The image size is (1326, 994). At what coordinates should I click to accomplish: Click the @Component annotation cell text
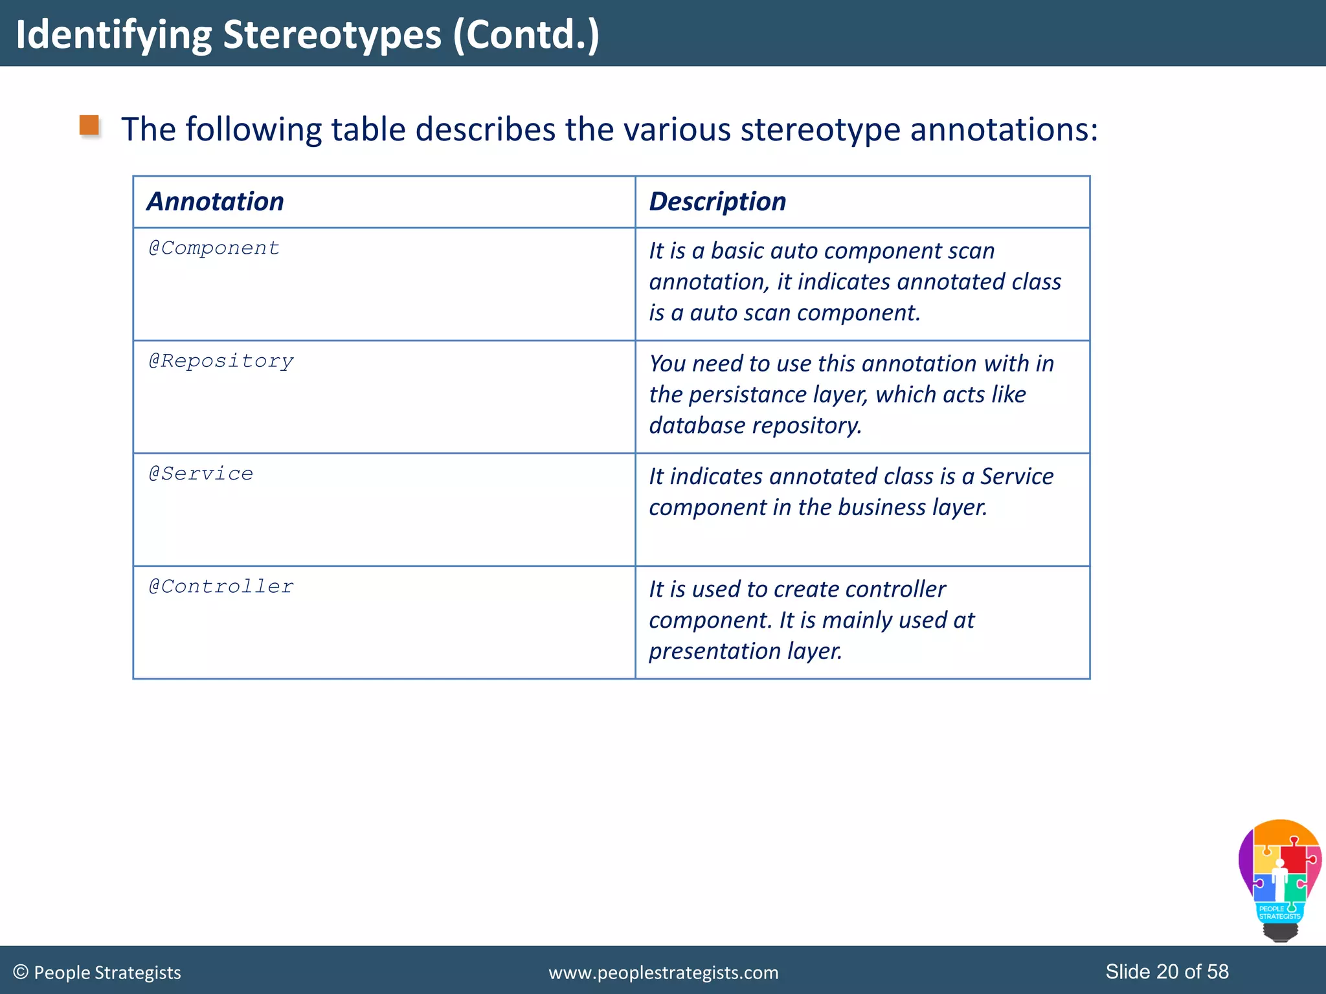click(214, 248)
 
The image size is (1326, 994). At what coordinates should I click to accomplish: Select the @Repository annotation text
click(221, 361)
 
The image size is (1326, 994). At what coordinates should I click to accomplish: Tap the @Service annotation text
click(201, 474)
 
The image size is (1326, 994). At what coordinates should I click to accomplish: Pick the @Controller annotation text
click(221, 587)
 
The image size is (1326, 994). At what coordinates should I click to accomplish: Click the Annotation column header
click(215, 202)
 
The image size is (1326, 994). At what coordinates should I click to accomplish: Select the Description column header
click(717, 202)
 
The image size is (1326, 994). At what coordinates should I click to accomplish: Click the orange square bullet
click(89, 126)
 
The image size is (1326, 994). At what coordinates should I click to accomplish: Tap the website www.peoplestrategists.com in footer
click(663, 973)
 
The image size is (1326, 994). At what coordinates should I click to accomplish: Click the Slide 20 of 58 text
click(1167, 971)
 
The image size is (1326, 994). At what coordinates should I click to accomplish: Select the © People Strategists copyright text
click(97, 973)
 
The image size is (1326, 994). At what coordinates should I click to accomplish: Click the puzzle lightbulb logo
click(1279, 880)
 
